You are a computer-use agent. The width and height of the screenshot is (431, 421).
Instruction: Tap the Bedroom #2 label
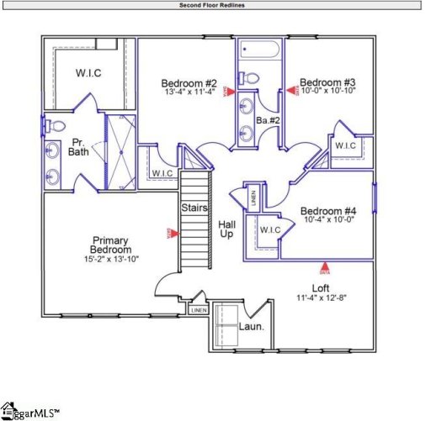pos(189,83)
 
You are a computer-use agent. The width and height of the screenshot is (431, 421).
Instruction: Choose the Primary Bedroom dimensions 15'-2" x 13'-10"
pos(114,260)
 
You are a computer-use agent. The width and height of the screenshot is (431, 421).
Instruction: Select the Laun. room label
pos(252,326)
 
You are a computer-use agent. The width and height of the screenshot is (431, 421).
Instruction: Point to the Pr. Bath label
pos(78,147)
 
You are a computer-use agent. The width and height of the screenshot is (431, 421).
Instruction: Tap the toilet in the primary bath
pos(57,126)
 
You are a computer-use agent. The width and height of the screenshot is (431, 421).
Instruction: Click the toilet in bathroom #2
pos(249,79)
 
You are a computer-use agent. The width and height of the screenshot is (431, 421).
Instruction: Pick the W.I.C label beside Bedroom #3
pos(346,146)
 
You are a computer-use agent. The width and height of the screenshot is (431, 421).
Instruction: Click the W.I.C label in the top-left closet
pos(88,73)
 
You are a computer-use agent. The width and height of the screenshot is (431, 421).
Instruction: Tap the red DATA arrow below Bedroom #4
pos(325,268)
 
